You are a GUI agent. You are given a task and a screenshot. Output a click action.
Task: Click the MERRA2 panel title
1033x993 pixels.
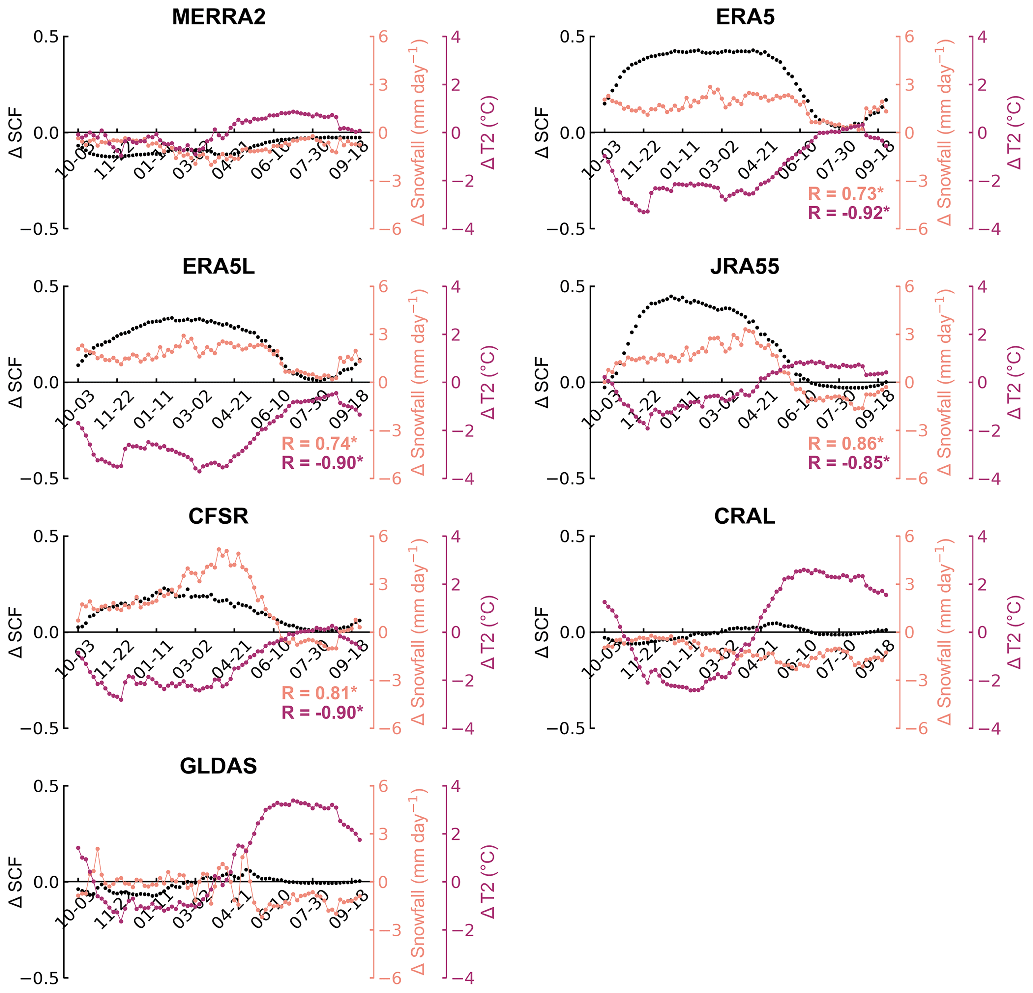coord(219,17)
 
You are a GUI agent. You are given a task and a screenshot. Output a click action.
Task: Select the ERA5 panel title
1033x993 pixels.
coord(745,17)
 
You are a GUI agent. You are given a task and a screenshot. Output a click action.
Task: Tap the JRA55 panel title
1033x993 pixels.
coord(744,267)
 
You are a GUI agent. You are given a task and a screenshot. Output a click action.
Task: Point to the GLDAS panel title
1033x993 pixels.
coord(219,765)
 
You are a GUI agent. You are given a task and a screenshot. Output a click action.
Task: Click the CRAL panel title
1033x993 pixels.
coord(744,516)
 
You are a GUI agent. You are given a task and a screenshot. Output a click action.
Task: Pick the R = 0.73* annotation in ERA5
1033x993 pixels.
coord(846,194)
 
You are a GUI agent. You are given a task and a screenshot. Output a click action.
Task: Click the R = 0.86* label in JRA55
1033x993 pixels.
coord(846,443)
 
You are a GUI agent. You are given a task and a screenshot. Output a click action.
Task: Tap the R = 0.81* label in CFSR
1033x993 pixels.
coord(319,693)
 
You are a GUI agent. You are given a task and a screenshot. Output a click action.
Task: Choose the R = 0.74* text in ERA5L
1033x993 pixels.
coord(319,443)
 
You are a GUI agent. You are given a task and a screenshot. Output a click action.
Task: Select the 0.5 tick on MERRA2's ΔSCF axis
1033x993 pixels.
coord(47,37)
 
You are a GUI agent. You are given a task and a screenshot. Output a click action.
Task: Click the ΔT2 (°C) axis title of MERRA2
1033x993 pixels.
coord(490,133)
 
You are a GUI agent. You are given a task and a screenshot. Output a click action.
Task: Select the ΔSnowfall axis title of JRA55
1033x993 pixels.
coord(946,382)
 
